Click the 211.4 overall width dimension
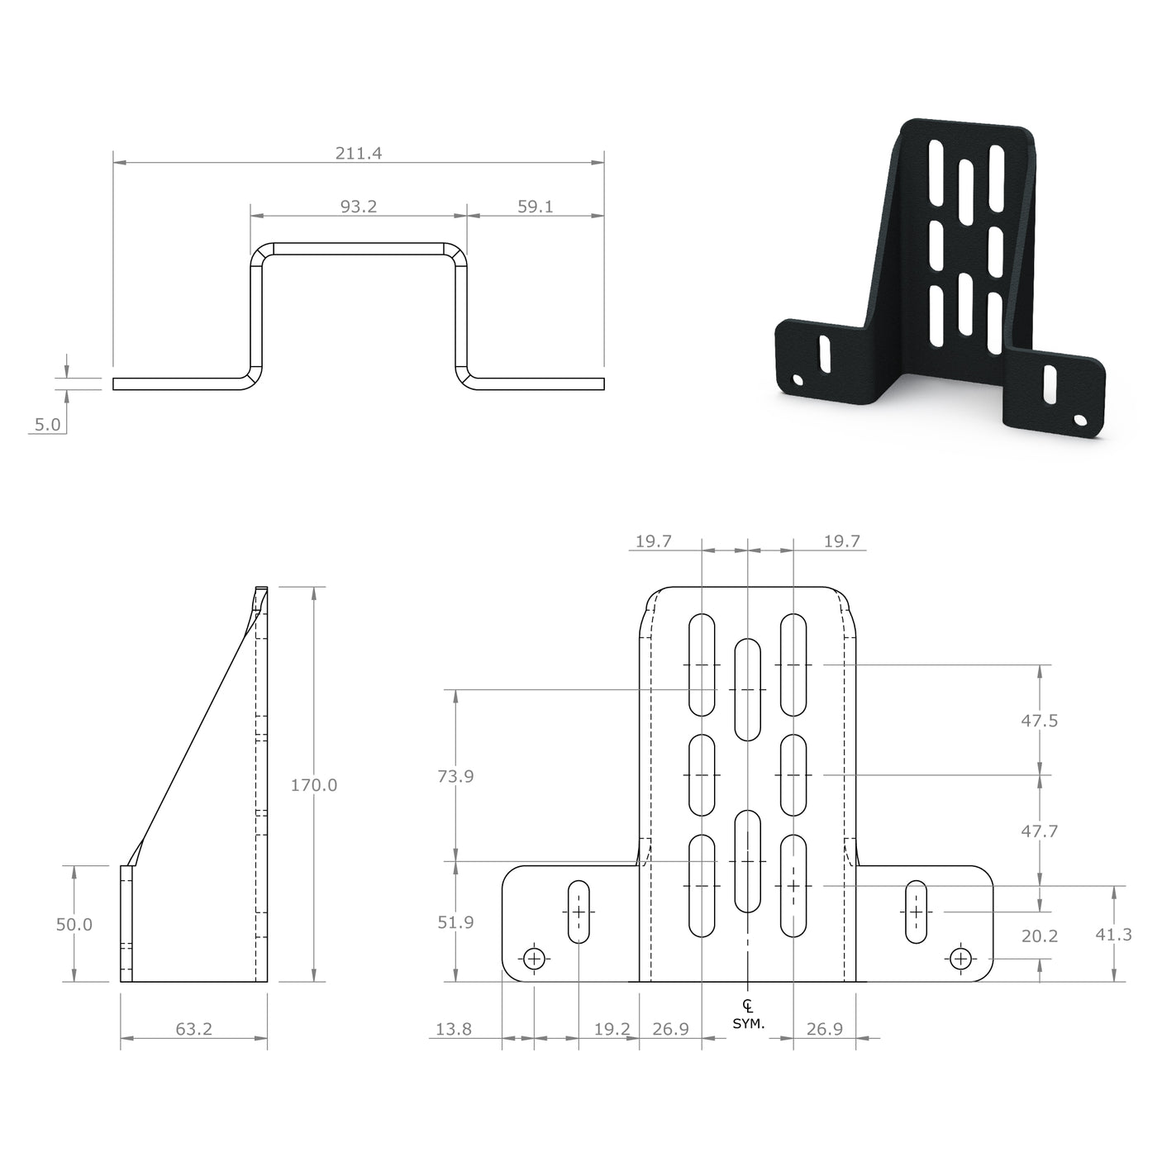coord(358,153)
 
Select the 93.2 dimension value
coord(358,207)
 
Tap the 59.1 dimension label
coord(535,207)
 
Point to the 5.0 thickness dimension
coord(47,425)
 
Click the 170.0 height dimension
coord(313,785)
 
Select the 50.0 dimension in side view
coord(74,925)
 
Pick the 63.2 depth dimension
coord(193,1029)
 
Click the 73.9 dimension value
coord(455,776)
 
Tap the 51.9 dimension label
coord(455,922)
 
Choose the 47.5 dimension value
coord(1039,721)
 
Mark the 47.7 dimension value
coord(1039,831)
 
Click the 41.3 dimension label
coord(1113,935)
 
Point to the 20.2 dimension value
coord(1039,936)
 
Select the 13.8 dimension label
coord(453,1029)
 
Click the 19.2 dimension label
coord(612,1029)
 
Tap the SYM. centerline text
coord(748,1023)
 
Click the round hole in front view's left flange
coord(535,959)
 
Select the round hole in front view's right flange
coord(960,959)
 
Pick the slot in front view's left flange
coord(579,912)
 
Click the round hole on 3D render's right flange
coord(1079,420)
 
